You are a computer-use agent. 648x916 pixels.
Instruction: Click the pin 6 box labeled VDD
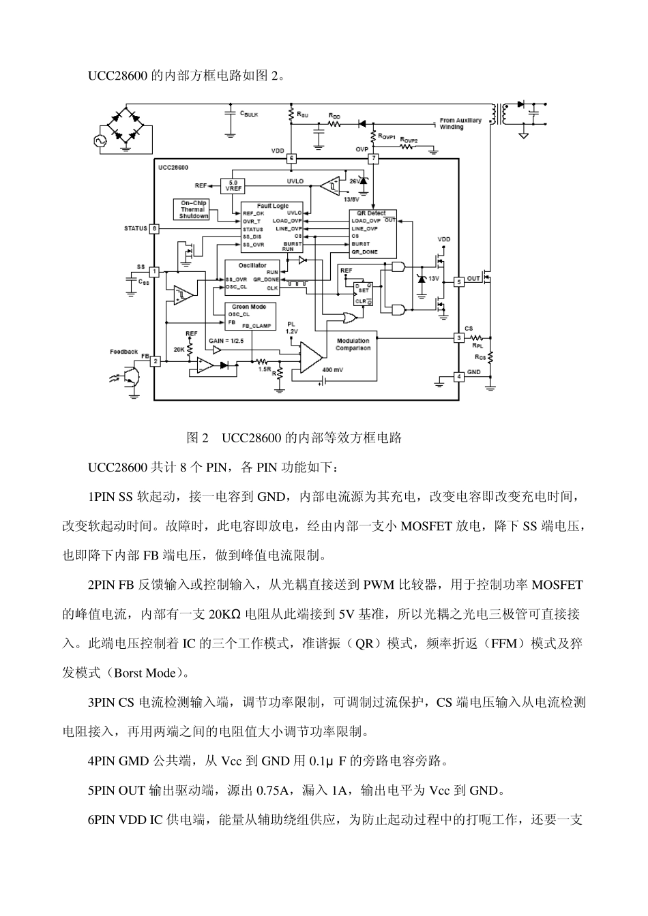click(291, 159)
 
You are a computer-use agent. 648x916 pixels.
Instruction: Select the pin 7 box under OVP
click(373, 159)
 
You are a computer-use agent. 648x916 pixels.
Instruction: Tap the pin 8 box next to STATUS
click(155, 228)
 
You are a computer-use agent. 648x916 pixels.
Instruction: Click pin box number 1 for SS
click(155, 271)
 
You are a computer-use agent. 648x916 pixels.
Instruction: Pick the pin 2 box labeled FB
click(155, 361)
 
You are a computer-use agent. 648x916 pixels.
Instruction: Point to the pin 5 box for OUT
click(459, 280)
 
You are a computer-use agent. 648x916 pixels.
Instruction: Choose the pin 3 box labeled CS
click(459, 337)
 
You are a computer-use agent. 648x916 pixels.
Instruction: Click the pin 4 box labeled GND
click(459, 376)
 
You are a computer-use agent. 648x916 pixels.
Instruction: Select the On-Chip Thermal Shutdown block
click(194, 210)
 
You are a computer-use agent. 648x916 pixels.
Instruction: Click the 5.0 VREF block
click(233, 185)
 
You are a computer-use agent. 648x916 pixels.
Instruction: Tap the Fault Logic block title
click(272, 206)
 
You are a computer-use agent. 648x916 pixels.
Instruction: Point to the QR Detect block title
click(371, 213)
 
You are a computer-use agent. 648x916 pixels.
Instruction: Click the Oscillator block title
click(252, 265)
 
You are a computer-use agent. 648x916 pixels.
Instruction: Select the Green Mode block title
click(248, 307)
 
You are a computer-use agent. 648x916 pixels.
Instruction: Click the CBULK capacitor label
click(248, 114)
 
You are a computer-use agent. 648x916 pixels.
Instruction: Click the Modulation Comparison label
click(353, 344)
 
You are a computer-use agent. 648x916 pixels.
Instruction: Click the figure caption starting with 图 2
click(294, 438)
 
